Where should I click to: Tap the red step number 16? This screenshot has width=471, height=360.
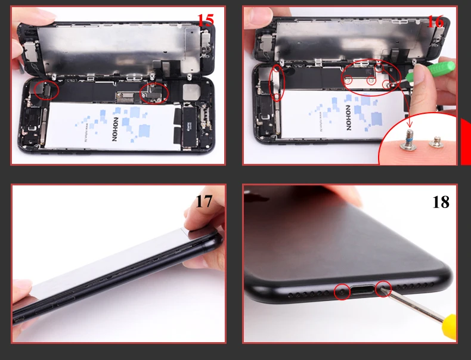[435, 21]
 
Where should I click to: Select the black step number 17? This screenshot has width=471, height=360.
[204, 201]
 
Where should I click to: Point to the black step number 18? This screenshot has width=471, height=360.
[441, 202]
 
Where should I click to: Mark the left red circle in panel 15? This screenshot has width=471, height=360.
[47, 89]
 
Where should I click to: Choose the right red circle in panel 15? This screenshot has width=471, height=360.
[154, 92]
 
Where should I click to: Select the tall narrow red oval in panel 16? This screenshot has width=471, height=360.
[278, 83]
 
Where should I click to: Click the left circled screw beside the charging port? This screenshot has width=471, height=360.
[342, 291]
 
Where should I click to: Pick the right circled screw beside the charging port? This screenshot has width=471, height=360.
[383, 289]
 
